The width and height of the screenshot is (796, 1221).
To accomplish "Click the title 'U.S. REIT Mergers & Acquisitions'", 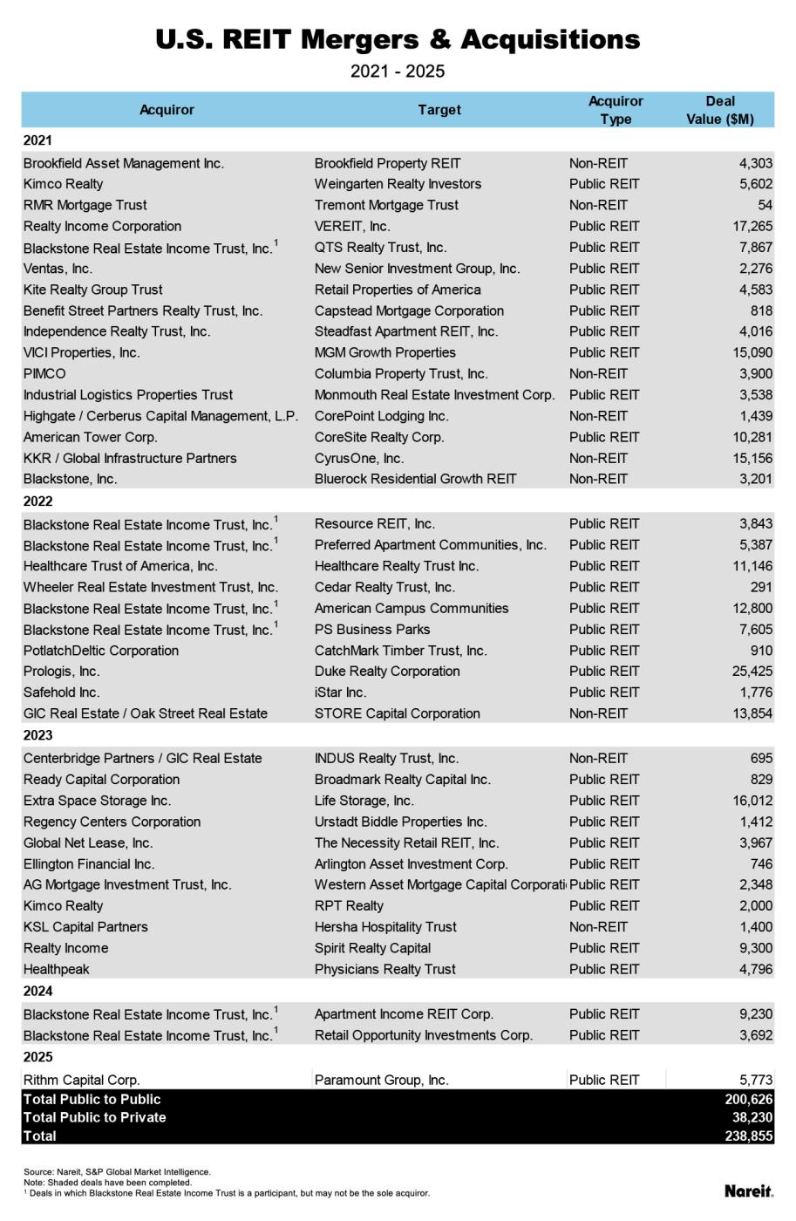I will pos(398,40).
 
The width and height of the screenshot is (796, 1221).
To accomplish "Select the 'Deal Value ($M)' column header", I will pos(719,110).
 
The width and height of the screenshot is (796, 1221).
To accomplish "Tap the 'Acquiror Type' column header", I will pos(616,110).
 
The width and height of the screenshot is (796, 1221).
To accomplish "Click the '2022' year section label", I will pos(38,501).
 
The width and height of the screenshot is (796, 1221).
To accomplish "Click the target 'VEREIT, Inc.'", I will pos(352,226).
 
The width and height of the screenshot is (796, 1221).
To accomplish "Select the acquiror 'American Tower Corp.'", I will pos(91,437).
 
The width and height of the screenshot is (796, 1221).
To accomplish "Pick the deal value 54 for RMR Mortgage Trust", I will pos(765,205).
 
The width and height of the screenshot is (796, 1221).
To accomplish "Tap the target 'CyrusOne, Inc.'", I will pos(359,458).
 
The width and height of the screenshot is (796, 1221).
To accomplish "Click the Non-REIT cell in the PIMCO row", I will pos(598,373).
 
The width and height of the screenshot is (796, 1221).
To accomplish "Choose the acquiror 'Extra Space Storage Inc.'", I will pos(98,801).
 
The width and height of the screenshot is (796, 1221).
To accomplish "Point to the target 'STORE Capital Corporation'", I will pos(397,713).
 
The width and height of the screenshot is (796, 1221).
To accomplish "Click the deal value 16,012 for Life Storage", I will pos(752,801).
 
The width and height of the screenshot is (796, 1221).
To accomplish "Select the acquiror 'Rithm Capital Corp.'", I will pos(82,1080).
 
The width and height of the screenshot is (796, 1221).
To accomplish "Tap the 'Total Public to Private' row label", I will pos(95,1117).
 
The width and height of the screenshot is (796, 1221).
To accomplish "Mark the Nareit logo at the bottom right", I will pos(748,1190).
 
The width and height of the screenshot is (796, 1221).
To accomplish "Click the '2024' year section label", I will pos(38,992).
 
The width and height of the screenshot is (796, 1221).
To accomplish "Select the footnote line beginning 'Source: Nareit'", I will pos(117,1172).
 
